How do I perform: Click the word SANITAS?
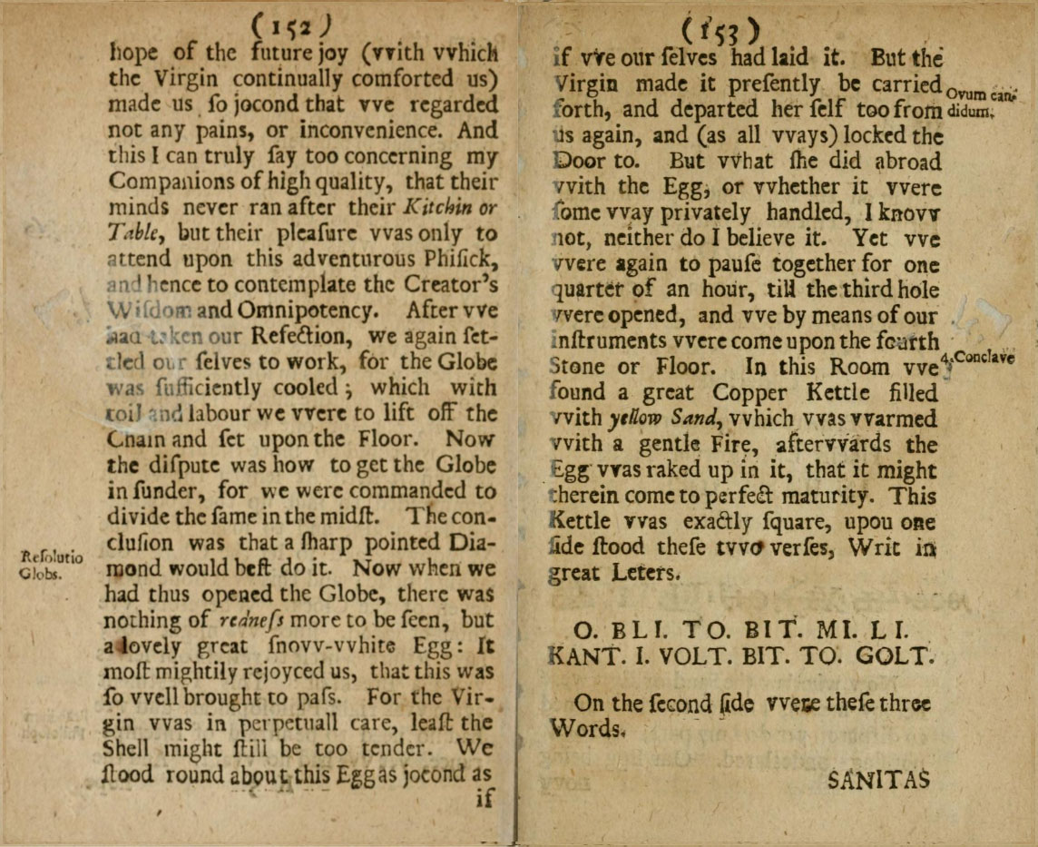pos(879,779)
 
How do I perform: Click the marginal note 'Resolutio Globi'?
pos(51,564)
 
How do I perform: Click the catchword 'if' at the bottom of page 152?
pos(486,801)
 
